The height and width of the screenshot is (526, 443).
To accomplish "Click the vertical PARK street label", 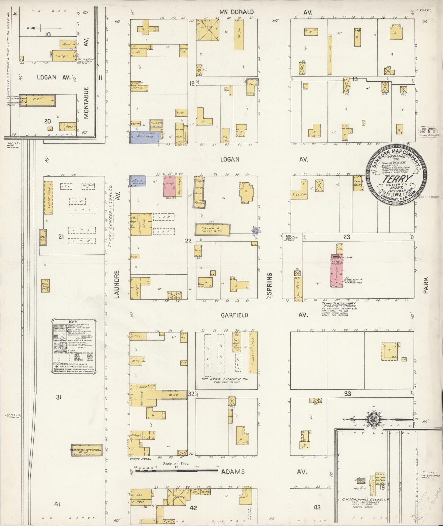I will tap(426, 285).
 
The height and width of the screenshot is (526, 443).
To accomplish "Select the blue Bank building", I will tap(137, 181).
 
